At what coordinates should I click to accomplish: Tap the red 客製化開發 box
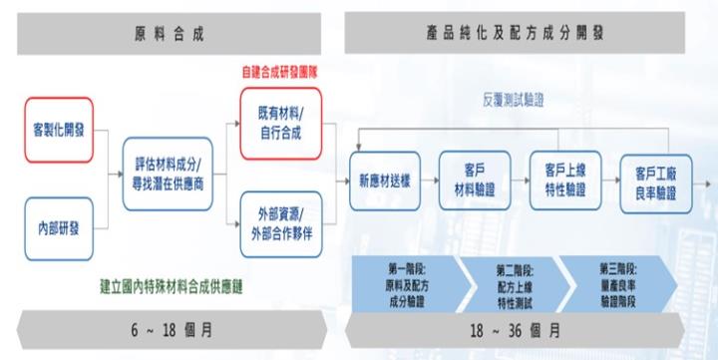point(60,130)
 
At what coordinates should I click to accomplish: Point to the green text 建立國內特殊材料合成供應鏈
point(172,284)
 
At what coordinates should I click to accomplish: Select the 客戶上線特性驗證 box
point(564,180)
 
